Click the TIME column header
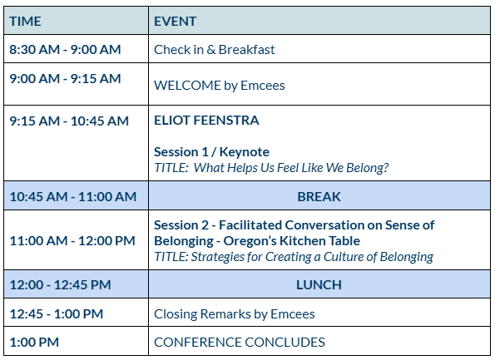pos(25,22)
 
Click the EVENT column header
pos(176,22)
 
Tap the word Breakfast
pos(246,50)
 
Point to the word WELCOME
pos(187,86)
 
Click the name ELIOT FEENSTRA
pos(206,121)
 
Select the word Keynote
pos(245,152)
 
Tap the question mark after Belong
pos(385,168)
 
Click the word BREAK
pos(319,196)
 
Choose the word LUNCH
pos(319,285)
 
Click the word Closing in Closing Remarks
pos(176,314)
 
